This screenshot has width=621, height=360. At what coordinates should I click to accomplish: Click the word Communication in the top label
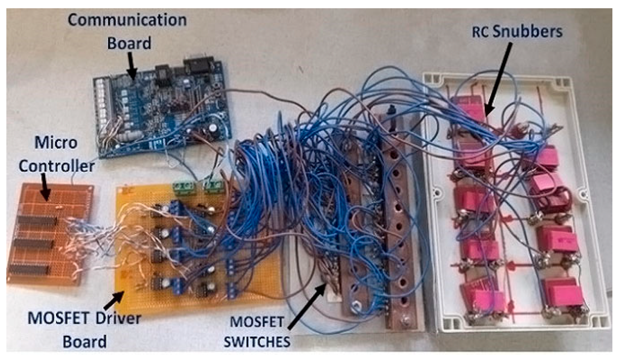pyautogui.click(x=127, y=20)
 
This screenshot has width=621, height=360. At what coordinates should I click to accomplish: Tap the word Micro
pyautogui.click(x=56, y=143)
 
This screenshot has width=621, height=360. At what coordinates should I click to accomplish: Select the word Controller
pyautogui.click(x=57, y=166)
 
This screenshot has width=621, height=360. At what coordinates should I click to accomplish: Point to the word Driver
pyautogui.click(x=118, y=318)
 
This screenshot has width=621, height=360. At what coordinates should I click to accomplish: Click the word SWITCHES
pyautogui.click(x=257, y=342)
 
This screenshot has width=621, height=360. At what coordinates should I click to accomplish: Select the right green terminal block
pyautogui.click(x=213, y=186)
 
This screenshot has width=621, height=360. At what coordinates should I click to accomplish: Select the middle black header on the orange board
pyautogui.click(x=33, y=244)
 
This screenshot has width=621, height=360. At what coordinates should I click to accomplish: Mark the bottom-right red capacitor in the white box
pyautogui.click(x=564, y=292)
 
